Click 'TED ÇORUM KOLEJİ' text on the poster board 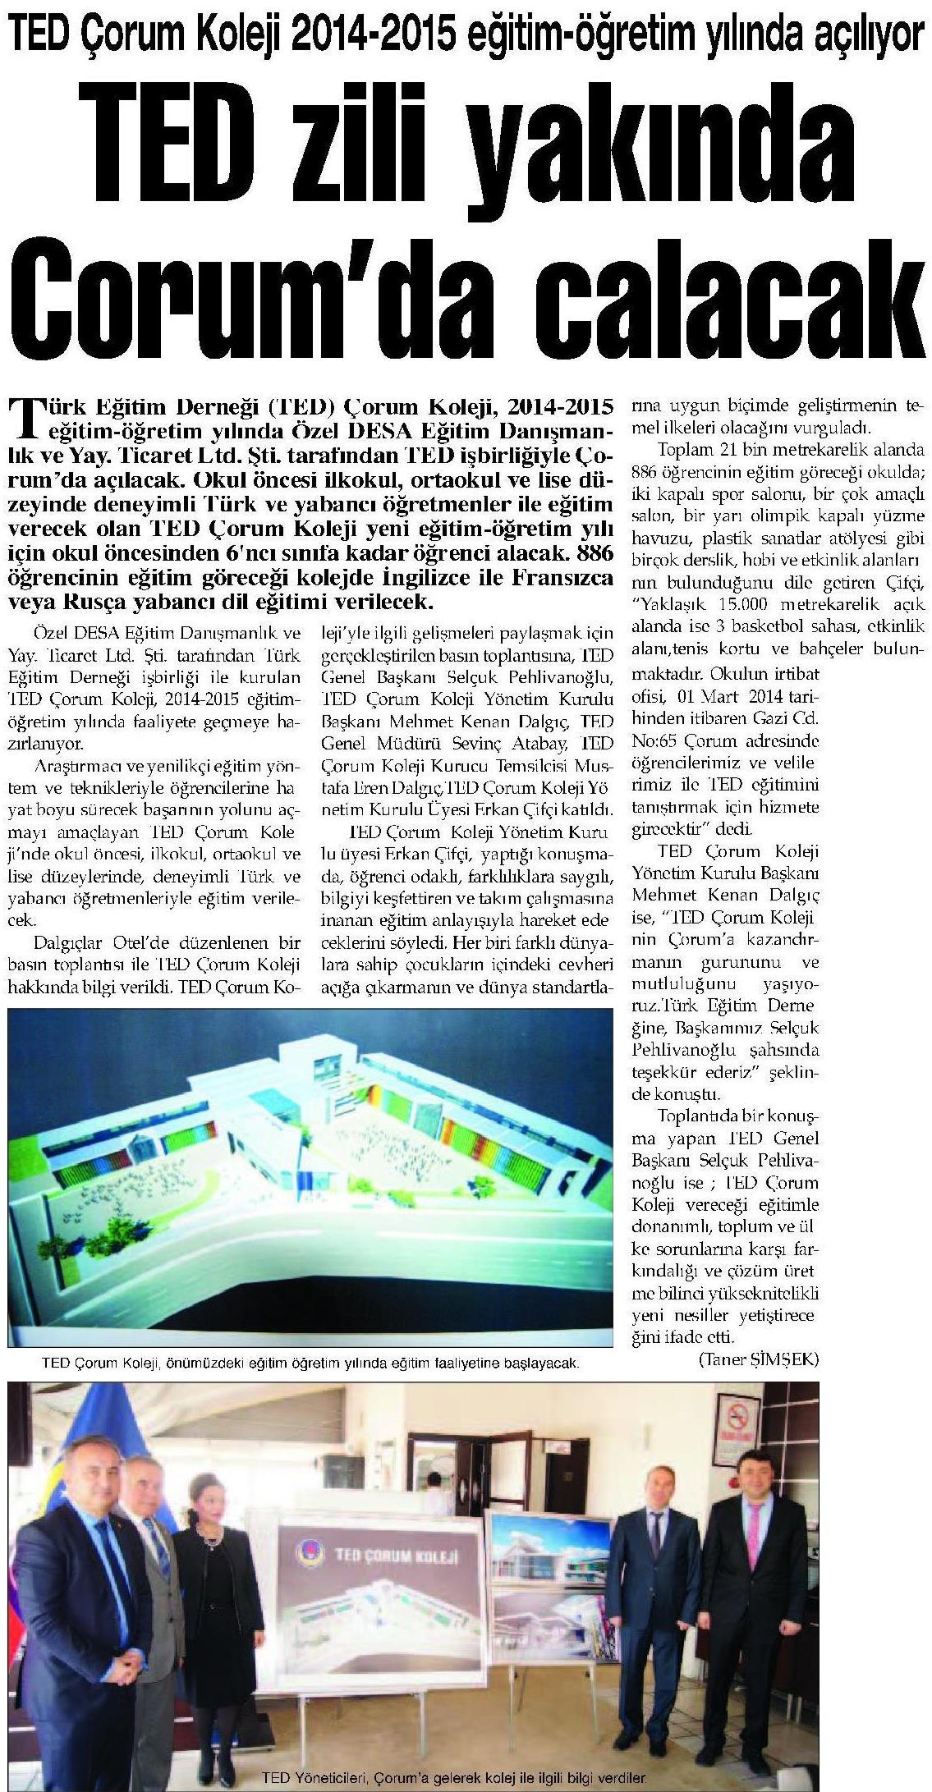coord(396,1551)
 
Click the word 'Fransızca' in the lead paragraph coord(562,578)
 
